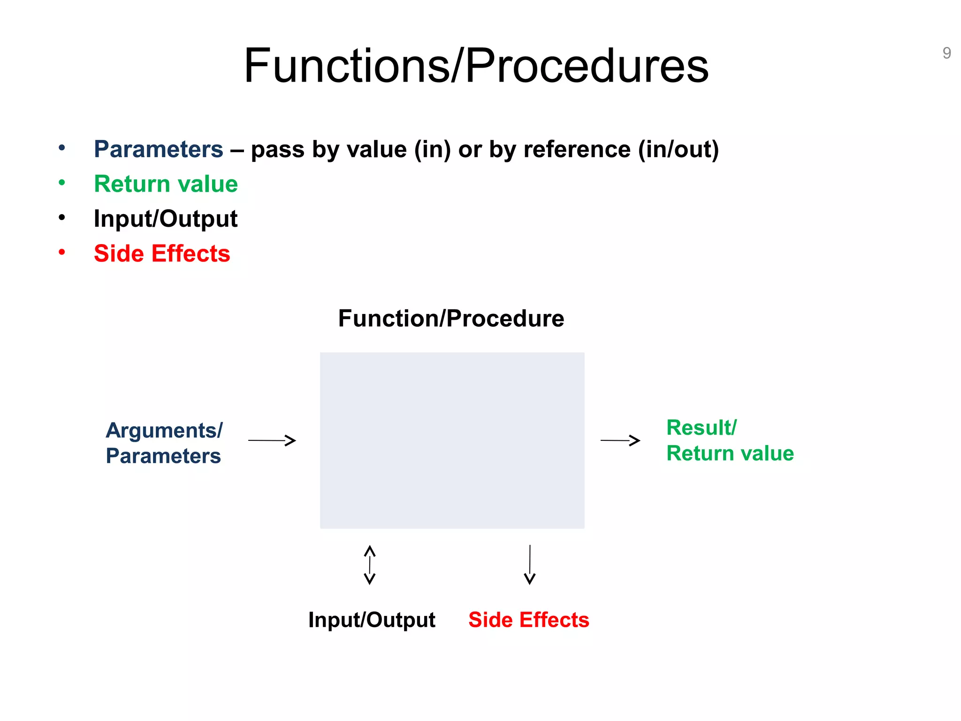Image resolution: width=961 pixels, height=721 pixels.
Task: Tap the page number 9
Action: coord(946,53)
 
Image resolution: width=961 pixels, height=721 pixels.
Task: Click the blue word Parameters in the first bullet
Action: coord(158,149)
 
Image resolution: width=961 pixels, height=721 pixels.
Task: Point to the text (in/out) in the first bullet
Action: coord(678,149)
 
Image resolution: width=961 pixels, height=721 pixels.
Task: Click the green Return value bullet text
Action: coord(166,184)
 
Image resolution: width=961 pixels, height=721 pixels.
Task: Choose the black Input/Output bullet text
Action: coord(166,219)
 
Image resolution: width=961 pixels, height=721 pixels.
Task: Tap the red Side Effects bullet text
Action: coord(162,253)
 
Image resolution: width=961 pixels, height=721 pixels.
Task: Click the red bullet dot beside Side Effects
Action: coord(61,253)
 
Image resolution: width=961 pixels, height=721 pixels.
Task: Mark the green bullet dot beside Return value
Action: coord(61,183)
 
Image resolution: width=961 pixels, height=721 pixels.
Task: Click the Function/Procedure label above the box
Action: coord(451,318)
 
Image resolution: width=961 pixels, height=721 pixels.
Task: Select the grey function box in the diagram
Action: coord(452,440)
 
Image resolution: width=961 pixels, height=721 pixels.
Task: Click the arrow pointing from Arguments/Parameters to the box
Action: coord(272,440)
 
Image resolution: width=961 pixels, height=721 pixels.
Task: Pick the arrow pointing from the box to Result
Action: coord(620,440)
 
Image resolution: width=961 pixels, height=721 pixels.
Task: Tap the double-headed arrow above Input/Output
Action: coord(370,565)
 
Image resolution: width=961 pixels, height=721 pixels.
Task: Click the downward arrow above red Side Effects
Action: coord(530,565)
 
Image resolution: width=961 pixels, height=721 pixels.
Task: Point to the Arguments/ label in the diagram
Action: coord(164,430)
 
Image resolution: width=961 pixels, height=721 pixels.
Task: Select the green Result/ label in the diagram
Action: coord(702,428)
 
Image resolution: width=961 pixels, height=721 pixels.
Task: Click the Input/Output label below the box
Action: coord(372,620)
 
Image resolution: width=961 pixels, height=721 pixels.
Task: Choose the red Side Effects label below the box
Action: coord(528,620)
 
